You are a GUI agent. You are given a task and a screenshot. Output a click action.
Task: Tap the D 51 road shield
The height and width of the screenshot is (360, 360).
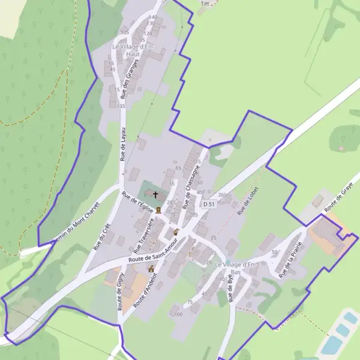[208, 204]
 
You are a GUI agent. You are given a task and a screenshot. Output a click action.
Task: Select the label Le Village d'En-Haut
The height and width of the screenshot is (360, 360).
[133, 50]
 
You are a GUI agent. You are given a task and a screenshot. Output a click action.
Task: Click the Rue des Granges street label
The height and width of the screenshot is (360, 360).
[130, 78]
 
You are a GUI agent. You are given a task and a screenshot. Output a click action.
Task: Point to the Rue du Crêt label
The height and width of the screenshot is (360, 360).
[102, 236]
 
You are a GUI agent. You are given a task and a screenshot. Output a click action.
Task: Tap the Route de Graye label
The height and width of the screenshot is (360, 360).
[338, 198]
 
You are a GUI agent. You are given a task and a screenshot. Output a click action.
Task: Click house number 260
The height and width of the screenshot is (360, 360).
[223, 195]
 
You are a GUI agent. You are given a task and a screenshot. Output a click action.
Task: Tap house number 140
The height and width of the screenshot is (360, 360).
[153, 17]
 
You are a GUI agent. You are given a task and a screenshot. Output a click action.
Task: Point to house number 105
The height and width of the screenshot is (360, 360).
[125, 32]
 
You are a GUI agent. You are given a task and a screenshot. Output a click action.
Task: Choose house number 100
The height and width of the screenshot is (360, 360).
[178, 314]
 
